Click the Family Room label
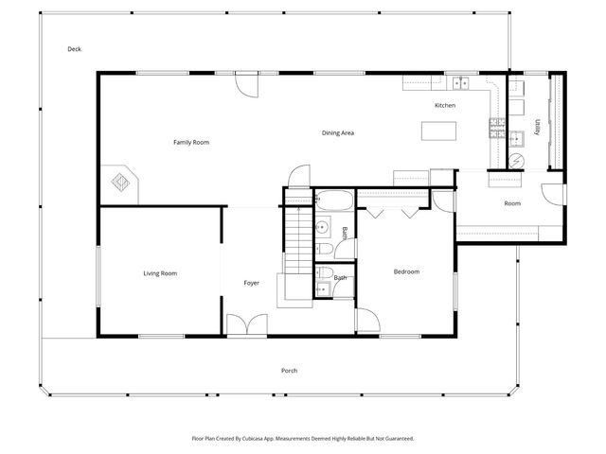190,142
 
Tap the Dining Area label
337,133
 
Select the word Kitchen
445,105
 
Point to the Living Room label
160,273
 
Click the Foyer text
251,283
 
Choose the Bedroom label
406,272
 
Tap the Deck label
74,49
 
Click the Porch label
289,370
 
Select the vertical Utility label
537,127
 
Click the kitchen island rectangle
438,131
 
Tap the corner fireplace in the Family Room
122,180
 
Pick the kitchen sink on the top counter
459,82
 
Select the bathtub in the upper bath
333,201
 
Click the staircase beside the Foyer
297,236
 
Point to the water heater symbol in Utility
516,139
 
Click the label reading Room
512,203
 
